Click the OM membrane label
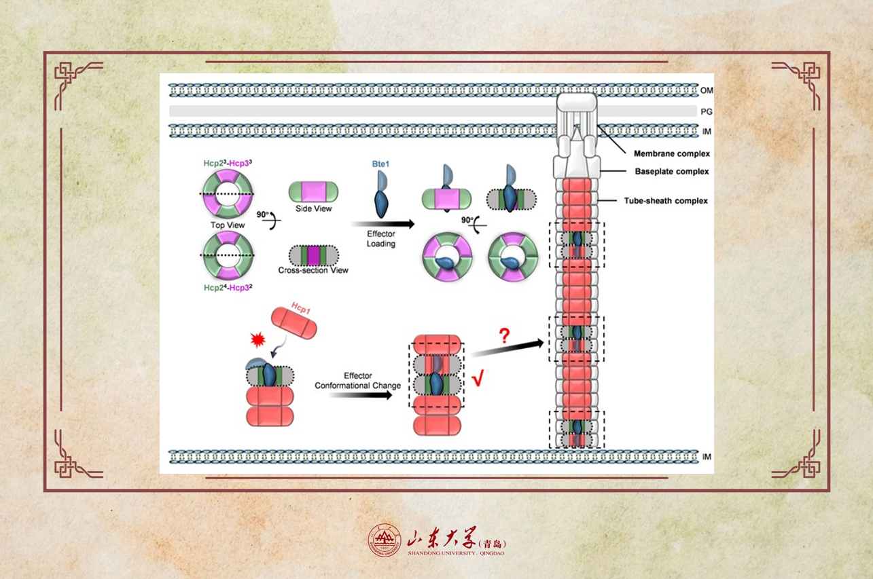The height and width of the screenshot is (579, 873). click(x=707, y=90)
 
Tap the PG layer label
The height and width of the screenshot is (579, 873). click(x=707, y=111)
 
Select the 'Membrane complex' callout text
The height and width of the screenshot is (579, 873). click(x=671, y=154)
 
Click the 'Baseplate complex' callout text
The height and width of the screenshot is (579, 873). click(x=671, y=172)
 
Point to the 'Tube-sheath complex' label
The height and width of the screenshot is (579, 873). click(x=666, y=201)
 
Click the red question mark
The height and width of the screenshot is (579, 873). click(x=504, y=335)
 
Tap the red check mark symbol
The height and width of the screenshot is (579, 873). click(x=477, y=379)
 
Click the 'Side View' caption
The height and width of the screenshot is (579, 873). click(x=313, y=208)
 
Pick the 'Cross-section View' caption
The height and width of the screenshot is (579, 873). click(x=313, y=270)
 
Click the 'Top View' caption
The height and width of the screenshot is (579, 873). click(x=228, y=225)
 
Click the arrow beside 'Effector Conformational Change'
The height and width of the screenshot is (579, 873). click(x=360, y=394)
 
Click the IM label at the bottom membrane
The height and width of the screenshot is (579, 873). click(x=707, y=457)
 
